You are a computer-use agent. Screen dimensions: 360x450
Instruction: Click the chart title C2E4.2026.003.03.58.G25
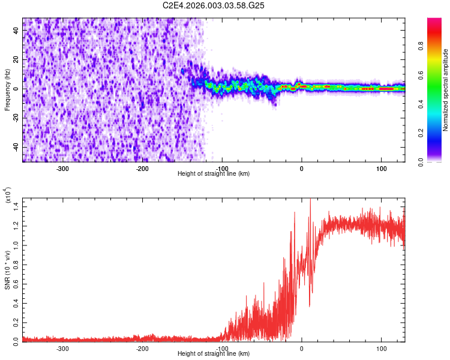point(214,5)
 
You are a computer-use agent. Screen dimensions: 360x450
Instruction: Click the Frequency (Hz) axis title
point(7,89)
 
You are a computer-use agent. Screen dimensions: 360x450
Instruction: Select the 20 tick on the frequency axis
point(17,60)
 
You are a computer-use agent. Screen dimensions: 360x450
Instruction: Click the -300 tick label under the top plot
point(63,168)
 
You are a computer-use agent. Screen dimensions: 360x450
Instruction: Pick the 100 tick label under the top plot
point(381,168)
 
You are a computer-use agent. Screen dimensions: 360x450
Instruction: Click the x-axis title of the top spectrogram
point(214,173)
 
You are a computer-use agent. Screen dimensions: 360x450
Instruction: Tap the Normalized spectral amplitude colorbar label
point(446,89)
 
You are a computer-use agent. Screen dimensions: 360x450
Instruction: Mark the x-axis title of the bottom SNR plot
point(214,353)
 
